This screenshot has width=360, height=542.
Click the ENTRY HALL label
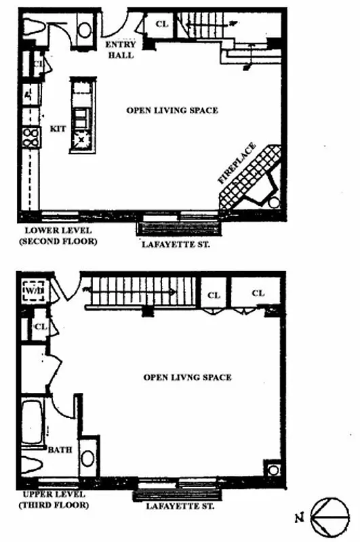pyautogui.click(x=121, y=50)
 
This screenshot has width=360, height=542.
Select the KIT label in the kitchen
pyautogui.click(x=58, y=129)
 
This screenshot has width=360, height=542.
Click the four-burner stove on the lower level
pyautogui.click(x=31, y=137)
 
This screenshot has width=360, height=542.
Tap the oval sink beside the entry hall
pyautogui.click(x=85, y=29)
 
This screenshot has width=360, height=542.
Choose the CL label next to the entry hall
pyautogui.click(x=161, y=24)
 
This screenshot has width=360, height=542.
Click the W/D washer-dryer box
pyautogui.click(x=33, y=292)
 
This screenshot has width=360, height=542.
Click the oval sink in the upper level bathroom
pyautogui.click(x=88, y=458)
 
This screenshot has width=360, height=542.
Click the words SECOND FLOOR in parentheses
pyautogui.click(x=57, y=241)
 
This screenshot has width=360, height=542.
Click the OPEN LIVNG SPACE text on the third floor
pyautogui.click(x=187, y=377)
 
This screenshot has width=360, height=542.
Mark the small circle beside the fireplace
pyautogui.click(x=274, y=203)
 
